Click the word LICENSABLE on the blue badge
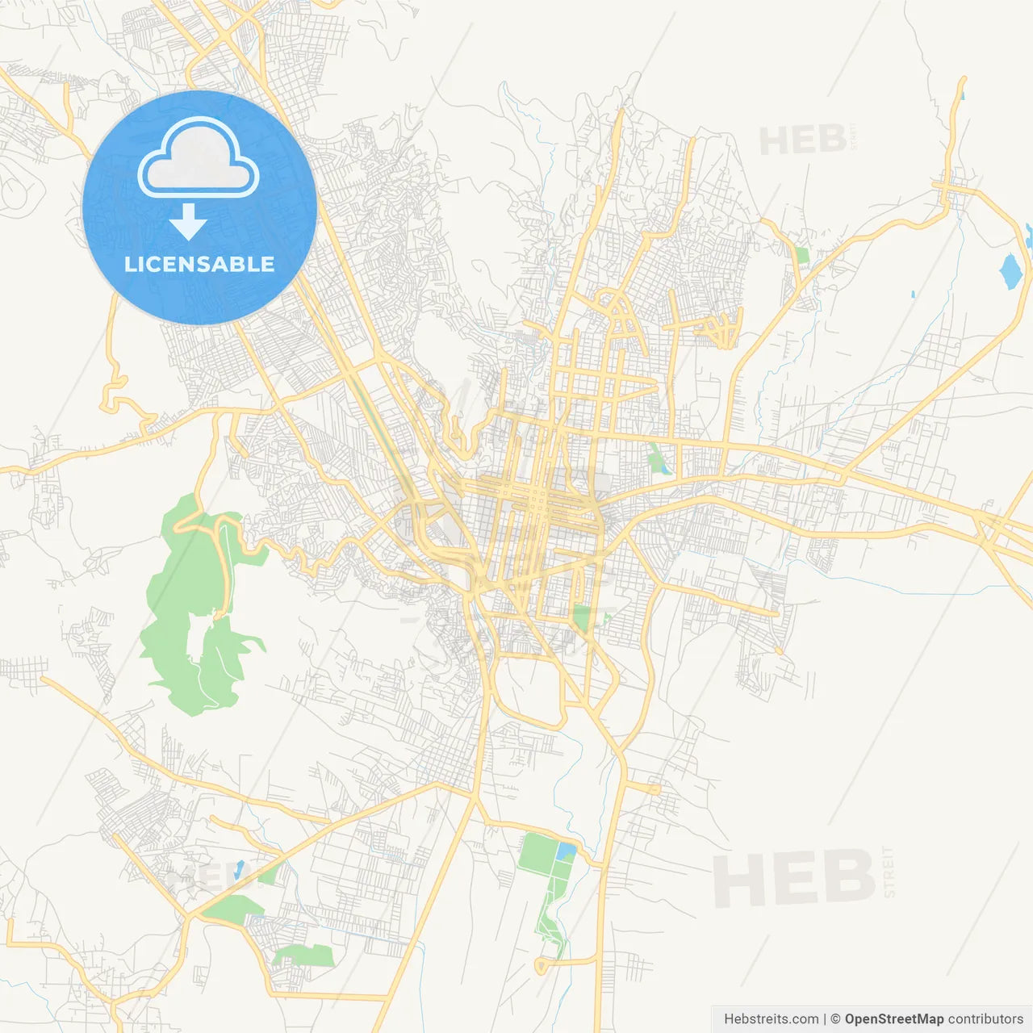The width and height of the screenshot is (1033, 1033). (x=199, y=264)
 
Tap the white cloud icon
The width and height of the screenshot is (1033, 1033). (x=199, y=158)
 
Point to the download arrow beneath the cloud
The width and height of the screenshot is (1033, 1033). (x=188, y=222)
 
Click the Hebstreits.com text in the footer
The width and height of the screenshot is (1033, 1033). (x=771, y=1019)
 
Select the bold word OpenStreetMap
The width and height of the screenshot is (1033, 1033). (x=893, y=1019)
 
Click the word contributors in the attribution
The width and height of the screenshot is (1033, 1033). (x=985, y=1019)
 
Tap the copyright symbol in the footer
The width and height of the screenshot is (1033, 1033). (x=835, y=1019)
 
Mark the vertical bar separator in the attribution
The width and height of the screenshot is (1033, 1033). (x=824, y=1019)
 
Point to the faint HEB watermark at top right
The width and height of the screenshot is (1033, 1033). (x=802, y=141)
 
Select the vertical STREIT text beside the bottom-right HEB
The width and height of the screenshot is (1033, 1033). (x=889, y=872)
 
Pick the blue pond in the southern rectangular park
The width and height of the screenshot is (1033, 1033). (x=566, y=851)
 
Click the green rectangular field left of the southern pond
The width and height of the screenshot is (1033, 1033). (x=536, y=854)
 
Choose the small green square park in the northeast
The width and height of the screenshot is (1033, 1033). (x=801, y=255)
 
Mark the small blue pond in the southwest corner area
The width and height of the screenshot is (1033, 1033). (x=239, y=868)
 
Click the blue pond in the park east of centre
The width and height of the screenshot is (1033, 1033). (x=664, y=466)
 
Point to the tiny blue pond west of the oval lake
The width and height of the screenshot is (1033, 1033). (x=913, y=295)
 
